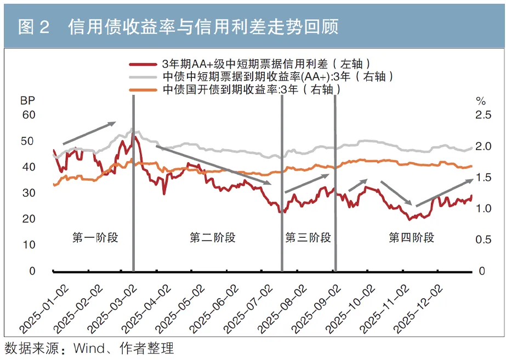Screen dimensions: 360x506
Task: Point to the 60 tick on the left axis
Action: pos(29,115)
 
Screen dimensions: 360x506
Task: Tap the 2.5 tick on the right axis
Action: pos(482,115)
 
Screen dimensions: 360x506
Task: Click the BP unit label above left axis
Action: pos(27,101)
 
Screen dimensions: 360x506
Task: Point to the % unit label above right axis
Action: pos(481,101)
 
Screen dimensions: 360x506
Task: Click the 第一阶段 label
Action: pos(95,237)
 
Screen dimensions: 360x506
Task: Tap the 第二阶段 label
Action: pos(213,237)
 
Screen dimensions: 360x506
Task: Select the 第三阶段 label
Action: pos(308,237)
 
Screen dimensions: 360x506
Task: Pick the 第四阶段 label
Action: pos(411,237)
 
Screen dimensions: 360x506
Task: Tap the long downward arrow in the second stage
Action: pos(213,164)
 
